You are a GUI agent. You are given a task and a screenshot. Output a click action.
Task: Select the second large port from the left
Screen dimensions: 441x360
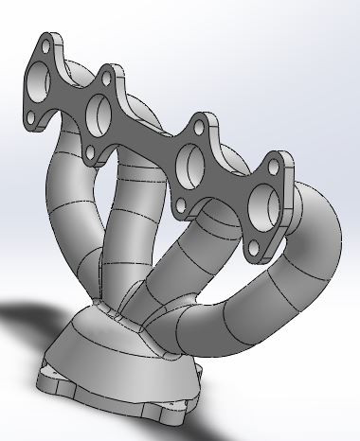point(101,116)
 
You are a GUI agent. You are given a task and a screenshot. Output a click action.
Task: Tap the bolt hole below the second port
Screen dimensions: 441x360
point(92,151)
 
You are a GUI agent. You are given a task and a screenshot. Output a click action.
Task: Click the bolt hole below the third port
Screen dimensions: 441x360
point(175,192)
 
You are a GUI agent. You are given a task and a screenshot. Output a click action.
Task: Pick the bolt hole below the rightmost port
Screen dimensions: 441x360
point(253,249)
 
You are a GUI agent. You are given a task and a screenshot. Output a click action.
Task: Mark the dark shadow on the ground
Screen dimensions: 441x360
point(28,326)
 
